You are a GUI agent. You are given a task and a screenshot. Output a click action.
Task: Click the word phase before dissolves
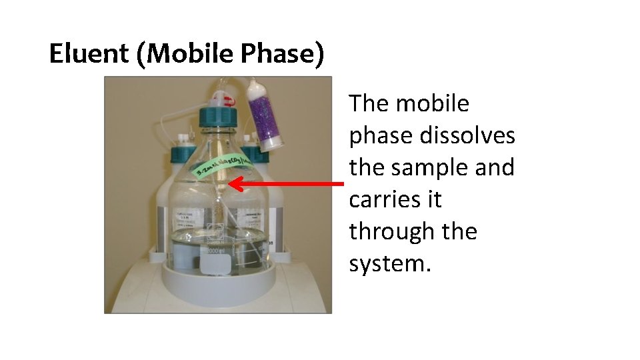[x=382, y=135]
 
